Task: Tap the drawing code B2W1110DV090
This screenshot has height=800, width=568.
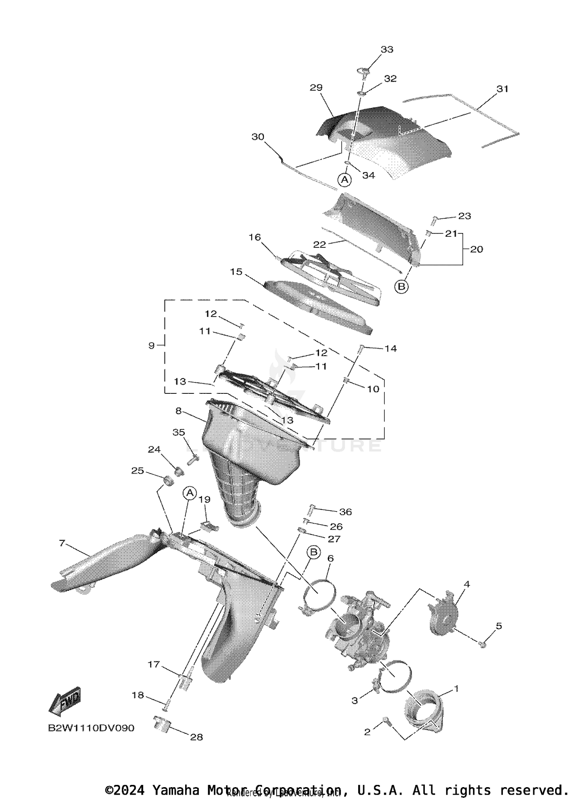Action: coord(91,728)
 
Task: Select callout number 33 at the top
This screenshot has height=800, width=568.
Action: coord(387,49)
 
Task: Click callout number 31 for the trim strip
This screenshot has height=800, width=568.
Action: coord(502,89)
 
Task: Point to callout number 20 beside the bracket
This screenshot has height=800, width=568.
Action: coord(476,249)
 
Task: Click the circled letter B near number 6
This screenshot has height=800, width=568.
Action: coord(314,552)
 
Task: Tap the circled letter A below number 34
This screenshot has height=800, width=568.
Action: coord(345,180)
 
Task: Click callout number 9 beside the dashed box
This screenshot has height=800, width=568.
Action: coord(151,345)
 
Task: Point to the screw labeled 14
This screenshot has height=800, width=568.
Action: coord(362,347)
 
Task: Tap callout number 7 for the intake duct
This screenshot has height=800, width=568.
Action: coord(62,544)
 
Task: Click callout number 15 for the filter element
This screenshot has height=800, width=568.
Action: coord(236,272)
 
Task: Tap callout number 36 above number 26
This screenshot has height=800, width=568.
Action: coord(345,512)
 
